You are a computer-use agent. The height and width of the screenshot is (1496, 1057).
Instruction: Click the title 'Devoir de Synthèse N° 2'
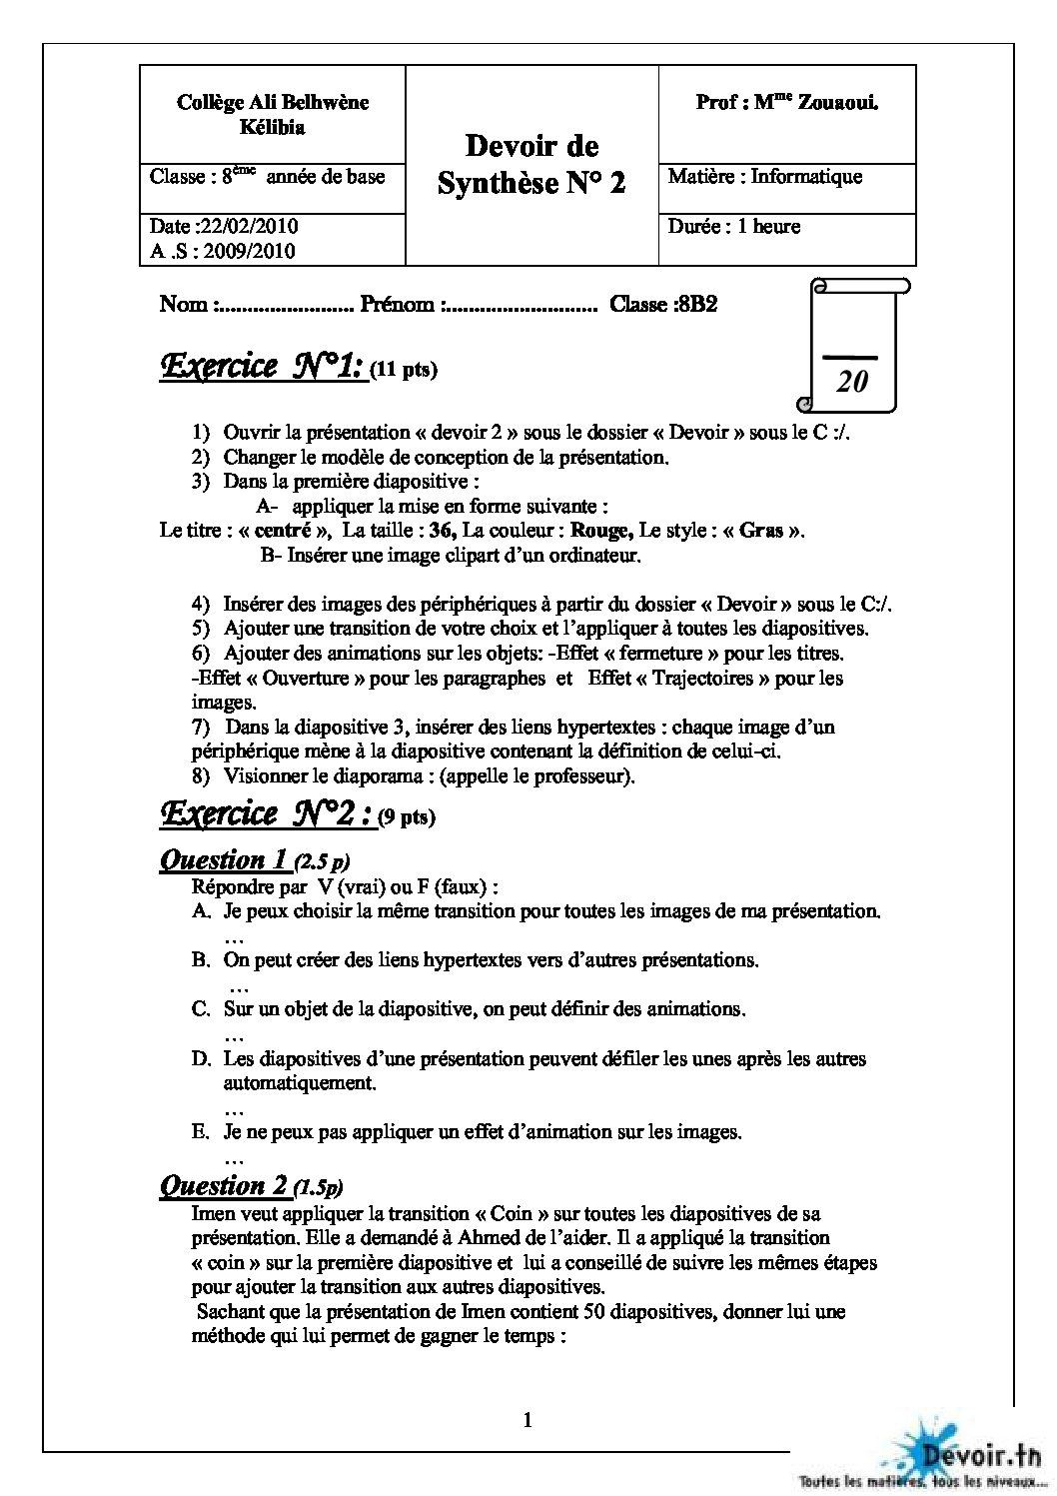click(x=531, y=165)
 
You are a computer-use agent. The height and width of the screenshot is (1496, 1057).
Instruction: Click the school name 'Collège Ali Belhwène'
click(x=273, y=102)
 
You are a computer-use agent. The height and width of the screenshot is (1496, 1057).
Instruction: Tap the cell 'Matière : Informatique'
click(x=764, y=177)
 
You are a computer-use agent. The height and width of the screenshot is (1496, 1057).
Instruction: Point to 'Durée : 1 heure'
click(x=734, y=227)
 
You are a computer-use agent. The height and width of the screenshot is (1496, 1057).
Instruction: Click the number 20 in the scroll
click(x=852, y=381)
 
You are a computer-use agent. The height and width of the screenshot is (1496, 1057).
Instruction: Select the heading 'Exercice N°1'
click(x=262, y=368)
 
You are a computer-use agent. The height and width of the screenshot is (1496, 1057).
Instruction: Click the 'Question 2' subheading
click(x=225, y=1186)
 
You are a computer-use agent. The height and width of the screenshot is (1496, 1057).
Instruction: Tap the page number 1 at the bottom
click(x=528, y=1420)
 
